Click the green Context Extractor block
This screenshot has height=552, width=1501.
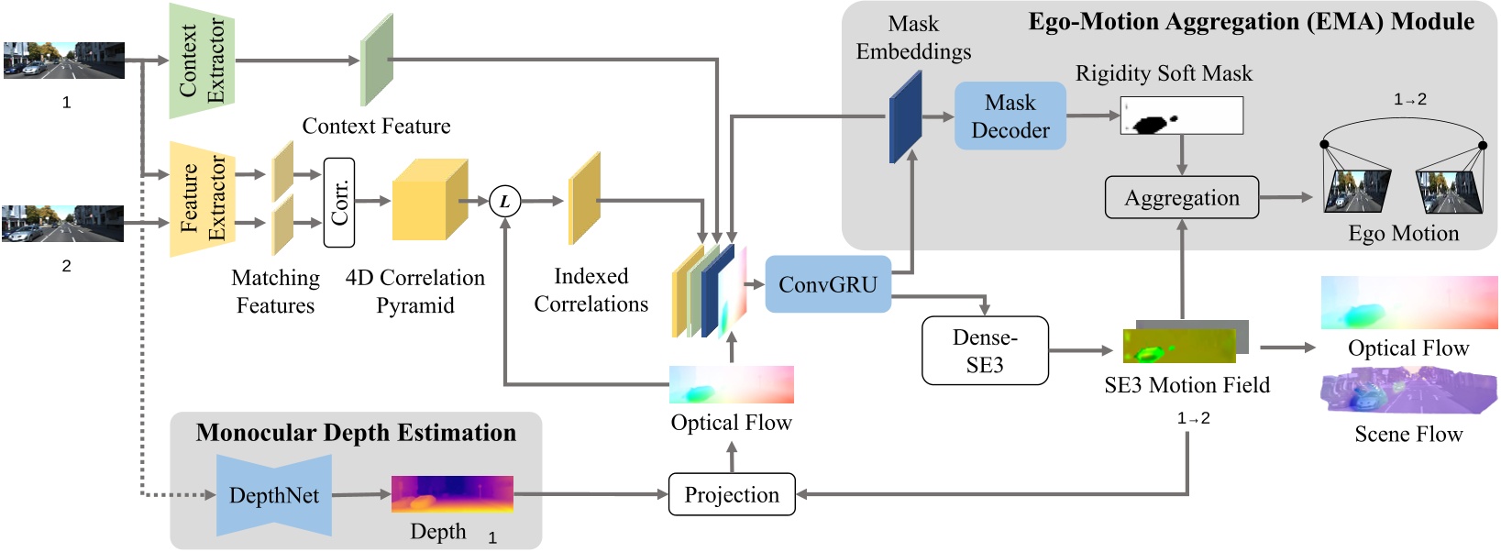pos(202,61)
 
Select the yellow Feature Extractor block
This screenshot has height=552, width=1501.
pos(202,198)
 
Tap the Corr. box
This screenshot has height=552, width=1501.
pos(339,202)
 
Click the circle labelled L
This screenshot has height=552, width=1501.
pos(504,201)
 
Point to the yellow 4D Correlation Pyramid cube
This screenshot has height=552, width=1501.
pos(427,201)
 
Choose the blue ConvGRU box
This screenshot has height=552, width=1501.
pos(827,284)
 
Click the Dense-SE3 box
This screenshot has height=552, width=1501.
pos(985,350)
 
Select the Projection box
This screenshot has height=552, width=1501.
pos(731,494)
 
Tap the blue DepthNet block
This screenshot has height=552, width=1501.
pos(273,495)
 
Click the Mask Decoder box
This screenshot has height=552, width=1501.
pos(1010,116)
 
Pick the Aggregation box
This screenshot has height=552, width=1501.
pos(1181,197)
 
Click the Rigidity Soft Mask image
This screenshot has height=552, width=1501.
pos(1181,116)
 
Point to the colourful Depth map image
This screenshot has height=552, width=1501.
pos(452,494)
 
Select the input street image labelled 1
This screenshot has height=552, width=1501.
pos(64,61)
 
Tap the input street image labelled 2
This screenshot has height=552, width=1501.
pos(62,224)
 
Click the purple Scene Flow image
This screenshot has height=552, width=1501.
pos(1407,392)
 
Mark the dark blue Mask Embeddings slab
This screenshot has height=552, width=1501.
pos(905,117)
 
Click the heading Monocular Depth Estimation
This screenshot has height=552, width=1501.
pos(356,433)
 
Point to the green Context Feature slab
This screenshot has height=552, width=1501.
pos(376,61)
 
